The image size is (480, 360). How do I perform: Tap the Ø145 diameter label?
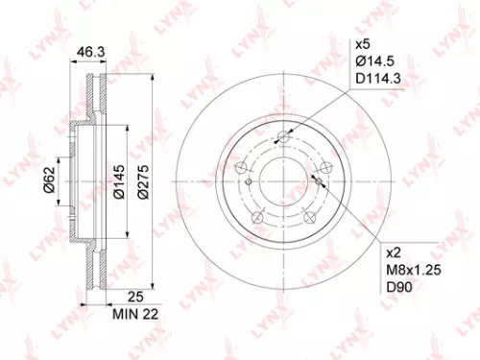(x=118, y=179)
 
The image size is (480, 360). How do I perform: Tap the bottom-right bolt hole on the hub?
(x=309, y=218)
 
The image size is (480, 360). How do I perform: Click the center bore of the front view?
(x=283, y=180)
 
